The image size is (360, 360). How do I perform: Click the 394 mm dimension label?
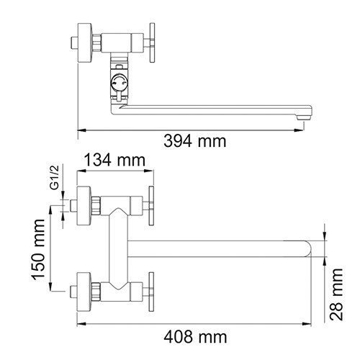pos(195,141)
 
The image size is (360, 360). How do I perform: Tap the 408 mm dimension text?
pos(195,337)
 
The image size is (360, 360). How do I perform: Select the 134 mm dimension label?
pos(114,160)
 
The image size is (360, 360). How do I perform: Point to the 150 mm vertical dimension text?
pos(38,250)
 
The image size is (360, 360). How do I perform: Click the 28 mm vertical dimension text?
pos(336,294)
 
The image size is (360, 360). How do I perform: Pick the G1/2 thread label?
pos(55,177)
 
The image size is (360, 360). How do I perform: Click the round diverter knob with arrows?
pos(120,82)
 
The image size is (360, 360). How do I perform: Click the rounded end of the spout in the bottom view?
pos(307,248)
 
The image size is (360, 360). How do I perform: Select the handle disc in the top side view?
pos(152,42)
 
